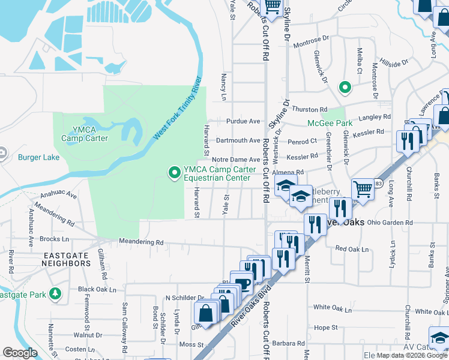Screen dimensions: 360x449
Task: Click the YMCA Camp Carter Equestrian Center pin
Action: click(x=175, y=173)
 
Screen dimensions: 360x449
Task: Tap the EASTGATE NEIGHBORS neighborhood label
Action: click(x=67, y=259)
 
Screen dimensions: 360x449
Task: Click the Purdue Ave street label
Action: click(x=243, y=121)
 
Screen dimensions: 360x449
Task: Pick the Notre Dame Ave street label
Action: click(x=236, y=160)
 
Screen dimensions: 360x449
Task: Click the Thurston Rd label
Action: click(x=308, y=109)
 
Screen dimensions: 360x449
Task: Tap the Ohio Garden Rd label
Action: click(x=390, y=222)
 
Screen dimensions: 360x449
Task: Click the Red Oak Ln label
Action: click(x=352, y=248)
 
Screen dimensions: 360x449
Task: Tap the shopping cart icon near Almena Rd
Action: click(x=363, y=188)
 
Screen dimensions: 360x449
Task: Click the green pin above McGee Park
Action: click(x=345, y=88)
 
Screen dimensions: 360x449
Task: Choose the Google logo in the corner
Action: click(x=20, y=353)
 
